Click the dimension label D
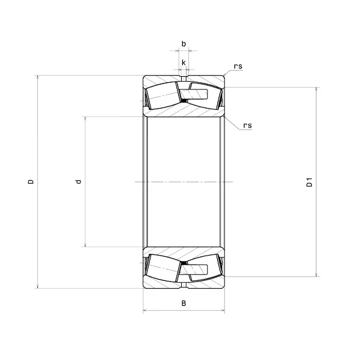point(31,182)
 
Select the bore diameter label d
point(79,182)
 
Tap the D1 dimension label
point(310,182)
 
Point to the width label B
point(184,303)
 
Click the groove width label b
point(184,44)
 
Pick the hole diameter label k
point(184,62)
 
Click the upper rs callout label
point(238,67)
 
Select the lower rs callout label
point(247,125)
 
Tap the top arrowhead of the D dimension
point(38,77)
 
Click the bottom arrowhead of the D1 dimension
point(316,275)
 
